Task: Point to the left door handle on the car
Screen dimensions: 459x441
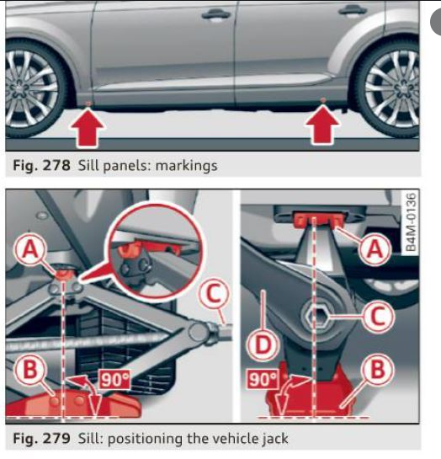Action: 216,13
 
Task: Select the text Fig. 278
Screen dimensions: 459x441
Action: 34,165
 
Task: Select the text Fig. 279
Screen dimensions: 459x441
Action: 34,438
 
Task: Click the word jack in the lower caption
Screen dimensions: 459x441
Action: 272,438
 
